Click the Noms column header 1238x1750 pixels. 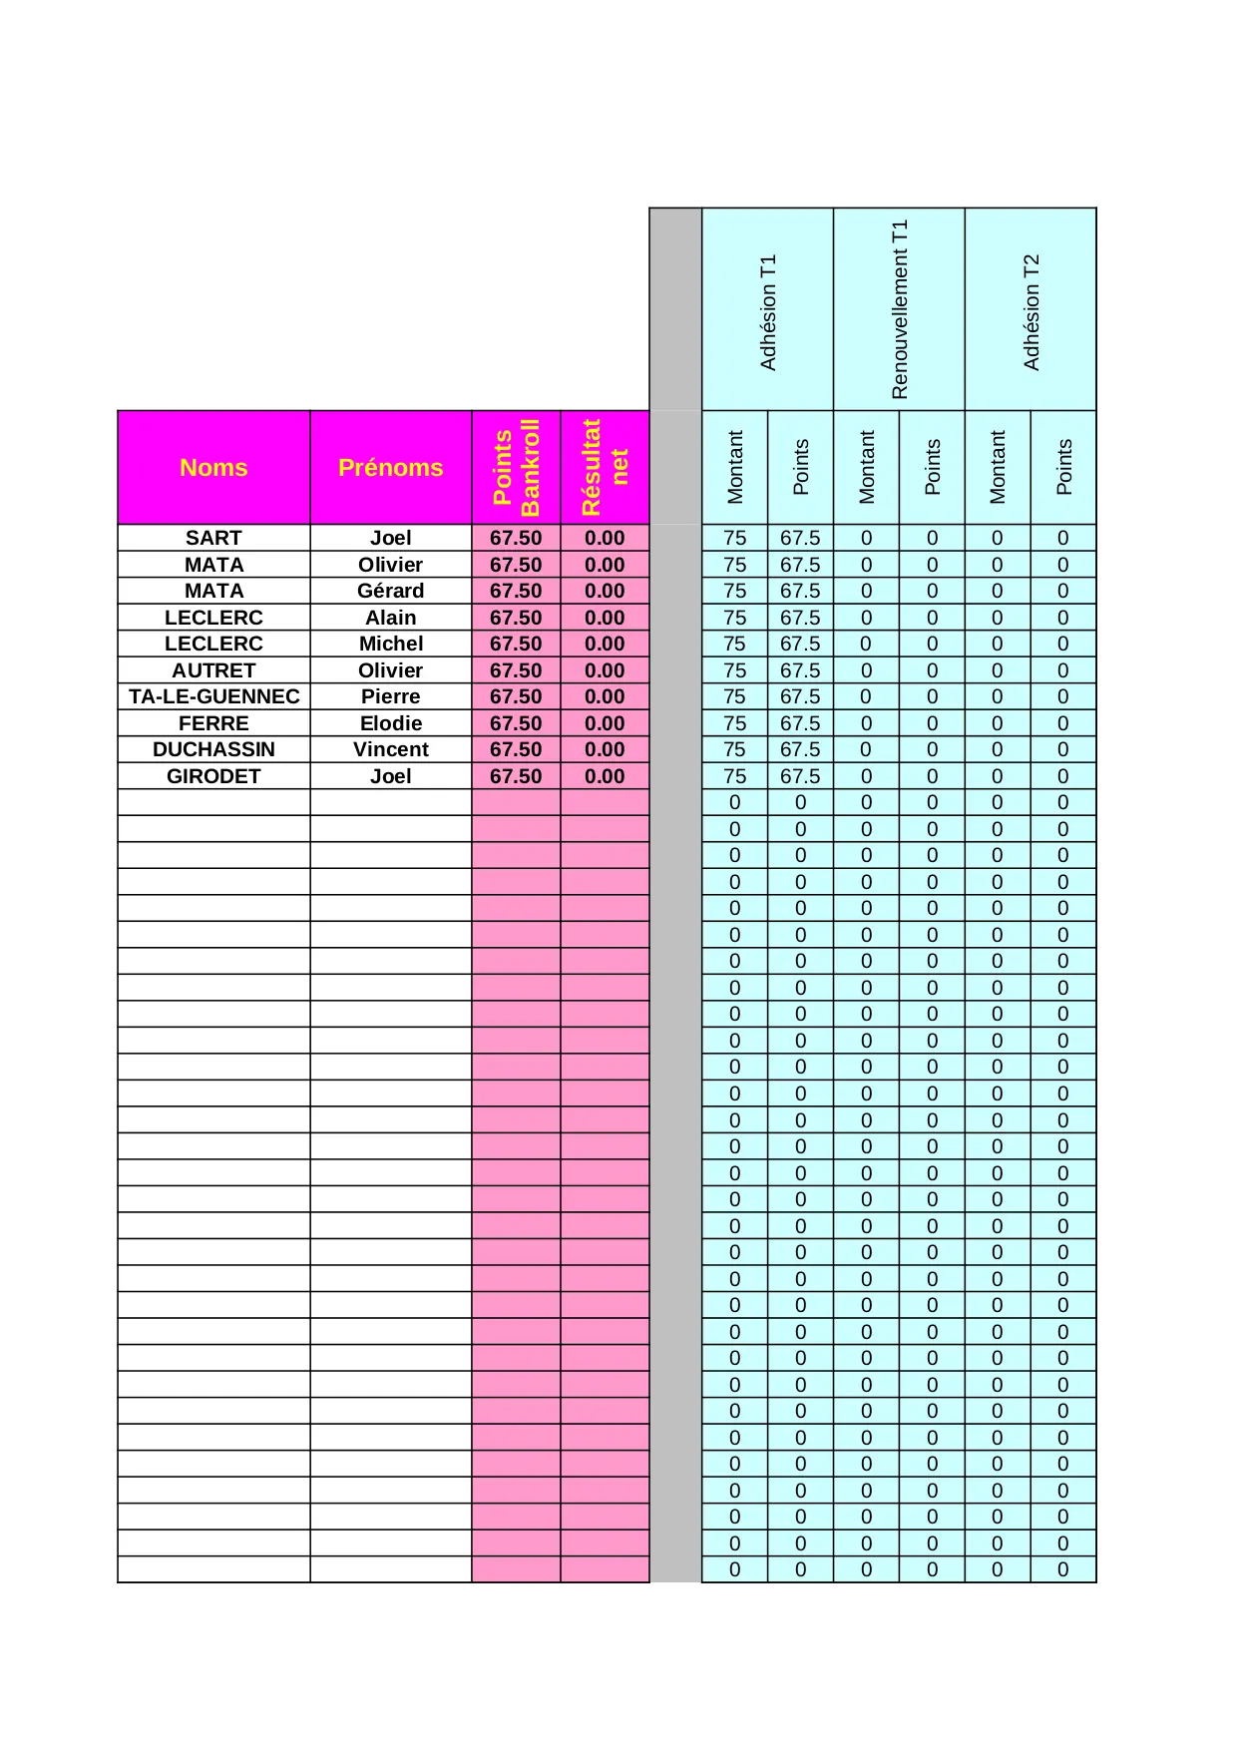[213, 467]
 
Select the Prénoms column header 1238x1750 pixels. [390, 467]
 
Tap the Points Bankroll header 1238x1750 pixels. [516, 467]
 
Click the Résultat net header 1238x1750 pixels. [605, 467]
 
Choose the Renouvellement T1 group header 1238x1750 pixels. [899, 309]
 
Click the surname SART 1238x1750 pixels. [213, 538]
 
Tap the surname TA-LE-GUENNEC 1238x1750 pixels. [213, 696]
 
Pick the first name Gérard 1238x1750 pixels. [390, 591]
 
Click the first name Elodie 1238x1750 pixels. [390, 723]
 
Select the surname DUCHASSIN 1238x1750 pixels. [213, 749]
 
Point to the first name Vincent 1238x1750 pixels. [390, 749]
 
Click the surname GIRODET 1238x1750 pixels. [213, 776]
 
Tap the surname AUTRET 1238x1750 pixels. [213, 670]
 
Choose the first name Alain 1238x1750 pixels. [390, 618]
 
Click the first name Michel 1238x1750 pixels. [390, 644]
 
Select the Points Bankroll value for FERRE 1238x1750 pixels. [516, 723]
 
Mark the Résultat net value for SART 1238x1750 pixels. [605, 538]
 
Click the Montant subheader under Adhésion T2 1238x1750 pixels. [998, 467]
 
